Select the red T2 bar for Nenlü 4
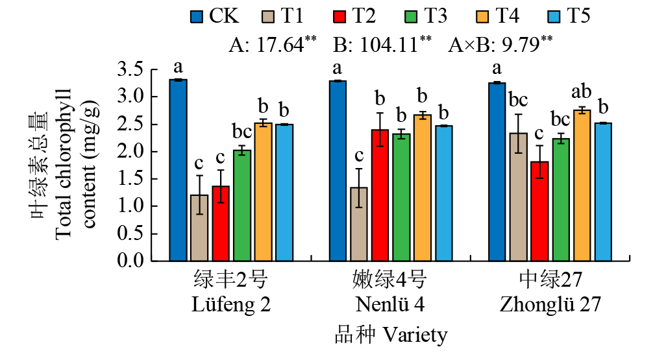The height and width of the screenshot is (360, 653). [x=380, y=195]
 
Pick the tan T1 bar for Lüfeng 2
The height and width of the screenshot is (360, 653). [x=199, y=228]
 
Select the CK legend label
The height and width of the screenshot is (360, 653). [x=223, y=17]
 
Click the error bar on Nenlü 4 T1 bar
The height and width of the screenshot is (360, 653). [x=358, y=187]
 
